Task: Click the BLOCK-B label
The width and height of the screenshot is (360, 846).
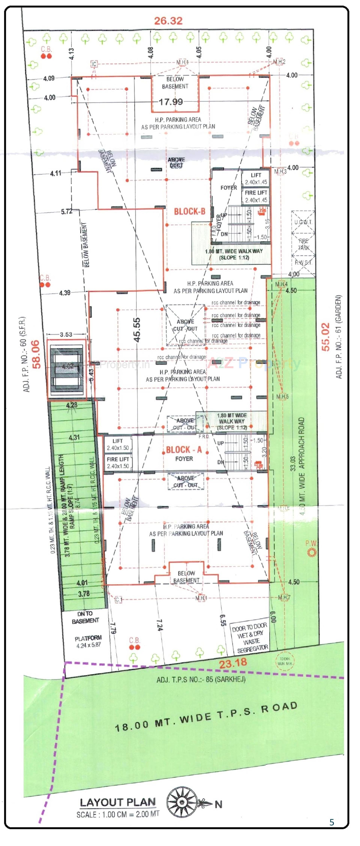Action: (x=190, y=211)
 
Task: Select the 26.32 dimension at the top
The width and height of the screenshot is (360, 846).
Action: (x=168, y=21)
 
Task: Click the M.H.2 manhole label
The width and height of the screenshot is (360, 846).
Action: (x=279, y=62)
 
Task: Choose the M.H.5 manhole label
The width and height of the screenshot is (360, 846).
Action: (x=282, y=396)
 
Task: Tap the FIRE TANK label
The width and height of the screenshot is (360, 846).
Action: (x=304, y=244)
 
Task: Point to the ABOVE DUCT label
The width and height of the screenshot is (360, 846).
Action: (x=176, y=162)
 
